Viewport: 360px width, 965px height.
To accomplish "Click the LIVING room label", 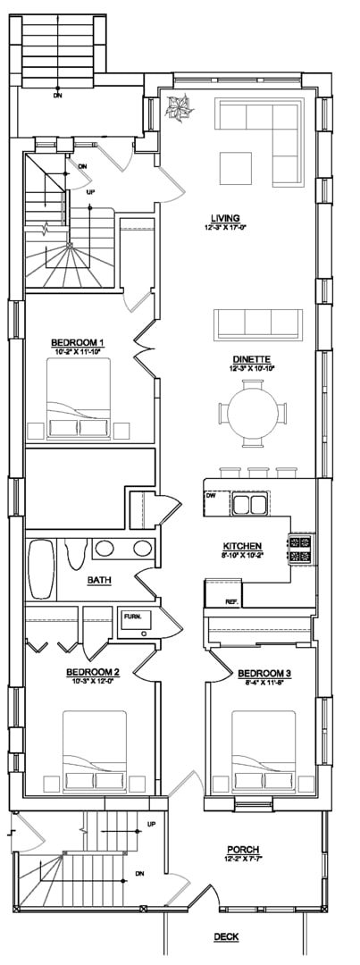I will tap(225, 218).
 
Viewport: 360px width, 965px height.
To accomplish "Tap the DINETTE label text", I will tap(250, 358).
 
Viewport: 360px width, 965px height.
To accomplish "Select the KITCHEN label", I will tap(242, 545).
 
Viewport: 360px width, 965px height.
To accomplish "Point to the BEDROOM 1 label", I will tap(78, 342).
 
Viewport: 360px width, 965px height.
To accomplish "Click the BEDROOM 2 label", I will tap(93, 672).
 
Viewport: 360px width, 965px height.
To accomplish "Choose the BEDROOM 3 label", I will tap(264, 672).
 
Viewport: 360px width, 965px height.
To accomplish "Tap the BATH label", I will tap(99, 580).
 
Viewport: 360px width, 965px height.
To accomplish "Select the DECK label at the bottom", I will tap(225, 936).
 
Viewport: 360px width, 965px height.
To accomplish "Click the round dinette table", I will tap(254, 414).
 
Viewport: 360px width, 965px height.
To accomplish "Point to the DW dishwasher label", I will tap(211, 495).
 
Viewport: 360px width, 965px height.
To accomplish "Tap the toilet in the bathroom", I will tap(74, 553).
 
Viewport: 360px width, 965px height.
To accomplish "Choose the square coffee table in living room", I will tap(238, 167).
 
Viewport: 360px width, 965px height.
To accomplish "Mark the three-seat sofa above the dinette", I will tap(258, 323).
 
